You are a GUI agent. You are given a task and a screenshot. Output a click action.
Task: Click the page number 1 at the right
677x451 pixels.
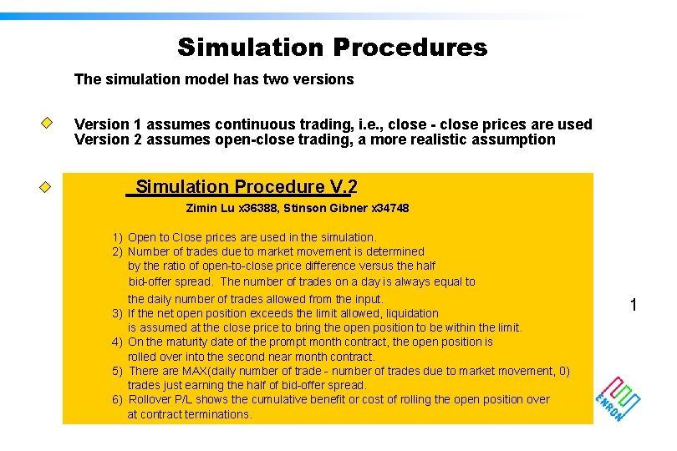click(x=633, y=306)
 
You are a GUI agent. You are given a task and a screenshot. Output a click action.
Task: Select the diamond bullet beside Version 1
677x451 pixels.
click(x=48, y=123)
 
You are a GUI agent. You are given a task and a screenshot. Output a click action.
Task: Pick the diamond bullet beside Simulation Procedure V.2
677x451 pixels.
click(x=48, y=186)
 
